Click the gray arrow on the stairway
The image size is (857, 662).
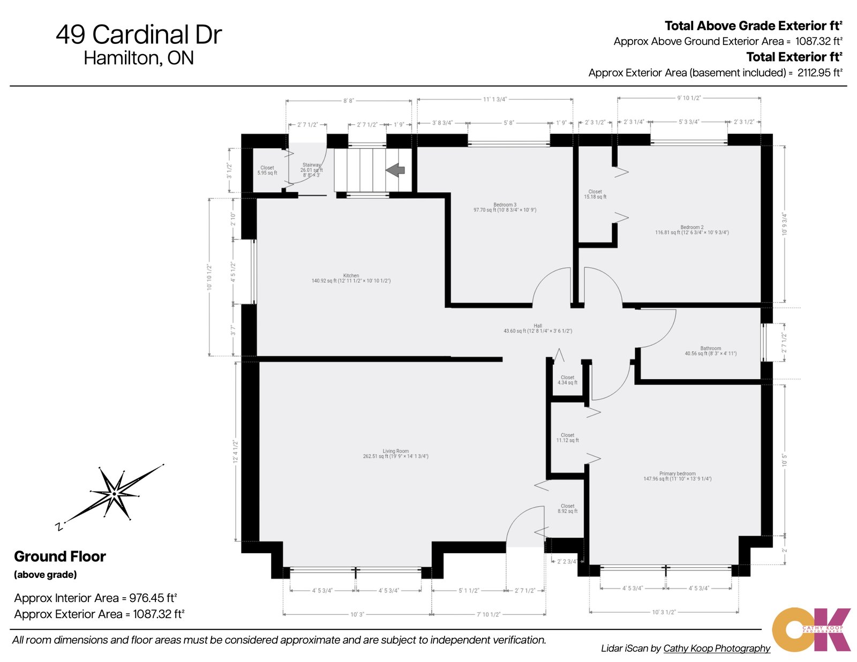(x=395, y=170)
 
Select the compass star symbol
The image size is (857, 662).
(x=114, y=493)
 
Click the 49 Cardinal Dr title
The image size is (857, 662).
(x=139, y=35)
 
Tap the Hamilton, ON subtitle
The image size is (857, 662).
(x=139, y=58)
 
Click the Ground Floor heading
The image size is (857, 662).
(x=60, y=556)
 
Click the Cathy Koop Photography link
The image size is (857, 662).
(x=717, y=648)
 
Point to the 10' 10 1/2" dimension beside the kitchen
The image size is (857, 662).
(x=209, y=277)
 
